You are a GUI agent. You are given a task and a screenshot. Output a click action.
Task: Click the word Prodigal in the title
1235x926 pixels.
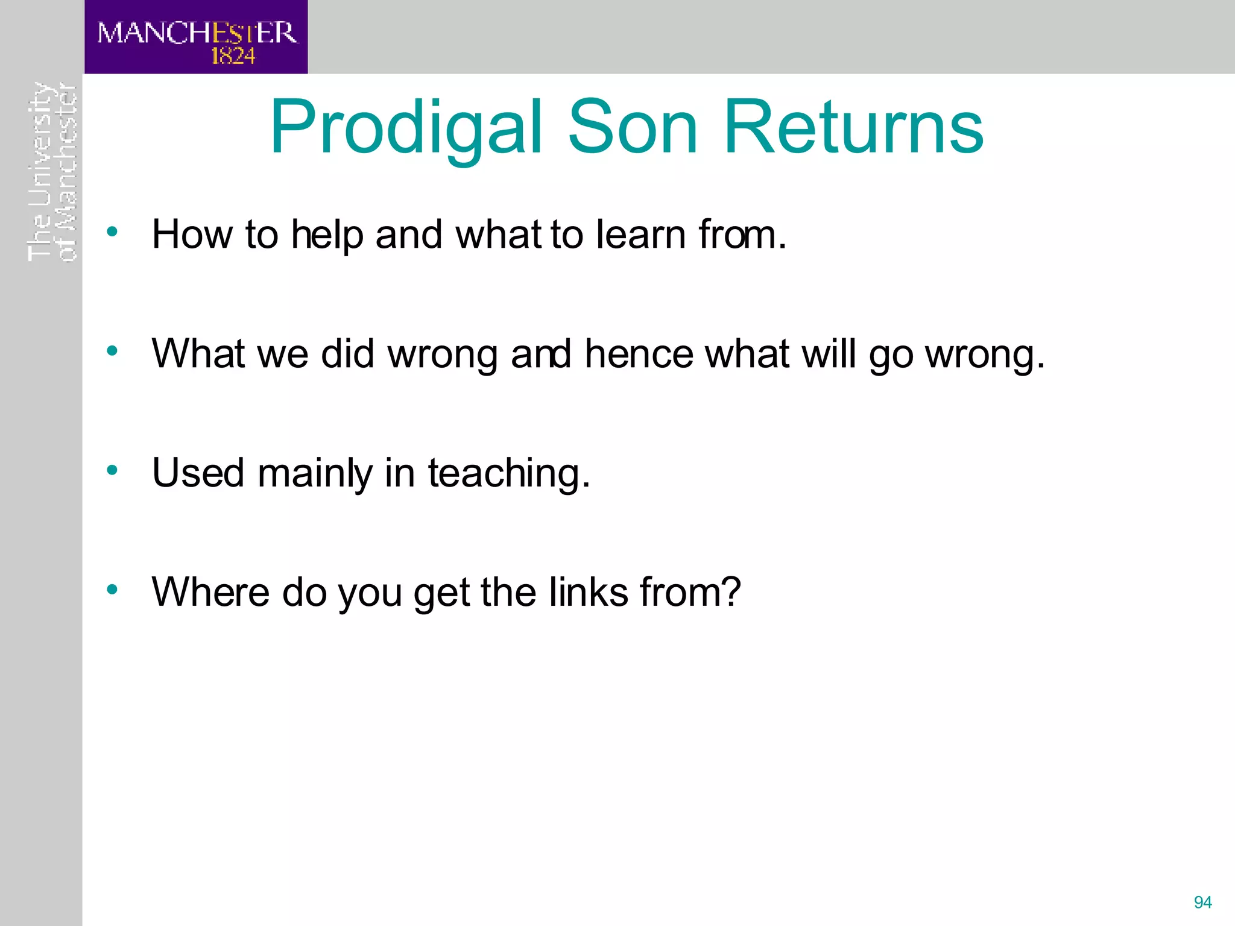click(406, 128)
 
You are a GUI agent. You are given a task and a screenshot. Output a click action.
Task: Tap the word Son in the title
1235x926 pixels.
click(633, 128)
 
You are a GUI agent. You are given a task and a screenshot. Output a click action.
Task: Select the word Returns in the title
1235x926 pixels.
click(853, 128)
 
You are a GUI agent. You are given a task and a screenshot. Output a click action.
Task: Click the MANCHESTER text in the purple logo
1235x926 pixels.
click(197, 33)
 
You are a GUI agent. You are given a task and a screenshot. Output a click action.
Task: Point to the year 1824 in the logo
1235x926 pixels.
click(233, 57)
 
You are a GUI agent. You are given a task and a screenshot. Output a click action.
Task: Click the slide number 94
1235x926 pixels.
click(1202, 902)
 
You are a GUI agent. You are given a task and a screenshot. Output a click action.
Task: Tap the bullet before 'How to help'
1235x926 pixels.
click(112, 231)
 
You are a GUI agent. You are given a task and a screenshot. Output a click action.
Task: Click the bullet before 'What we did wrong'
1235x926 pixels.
click(112, 351)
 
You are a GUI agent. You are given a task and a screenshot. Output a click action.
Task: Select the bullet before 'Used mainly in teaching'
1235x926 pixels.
click(112, 470)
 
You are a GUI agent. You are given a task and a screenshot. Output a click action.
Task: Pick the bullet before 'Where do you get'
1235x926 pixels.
click(112, 590)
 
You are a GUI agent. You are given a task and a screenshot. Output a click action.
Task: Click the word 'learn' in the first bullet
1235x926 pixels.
click(640, 234)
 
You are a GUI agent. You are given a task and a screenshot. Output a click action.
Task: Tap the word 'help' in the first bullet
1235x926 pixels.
click(327, 235)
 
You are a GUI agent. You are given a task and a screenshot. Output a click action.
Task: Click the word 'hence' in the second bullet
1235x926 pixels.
click(639, 353)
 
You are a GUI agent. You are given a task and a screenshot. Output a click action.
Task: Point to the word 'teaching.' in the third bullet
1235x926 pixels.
click(509, 474)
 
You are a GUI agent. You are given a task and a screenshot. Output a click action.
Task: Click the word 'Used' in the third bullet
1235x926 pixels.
click(198, 473)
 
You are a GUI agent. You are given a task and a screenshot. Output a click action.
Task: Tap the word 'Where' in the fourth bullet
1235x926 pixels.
click(210, 592)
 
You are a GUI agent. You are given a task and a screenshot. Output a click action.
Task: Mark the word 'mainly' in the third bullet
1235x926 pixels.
click(315, 474)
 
